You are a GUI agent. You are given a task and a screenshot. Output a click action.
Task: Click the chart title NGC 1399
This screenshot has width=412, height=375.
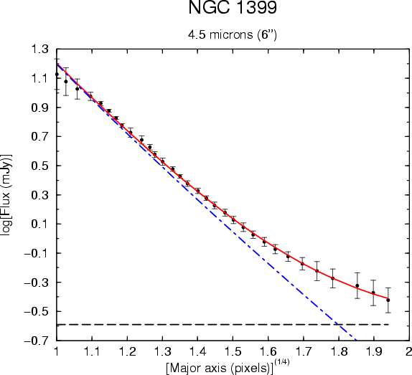point(233,7)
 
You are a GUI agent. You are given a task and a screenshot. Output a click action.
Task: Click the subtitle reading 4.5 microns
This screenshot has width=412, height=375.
point(220,34)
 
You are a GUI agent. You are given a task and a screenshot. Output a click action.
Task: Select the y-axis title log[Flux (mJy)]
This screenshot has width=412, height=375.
point(6,195)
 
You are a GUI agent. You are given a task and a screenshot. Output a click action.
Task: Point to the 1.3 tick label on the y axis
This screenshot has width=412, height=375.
point(40,49)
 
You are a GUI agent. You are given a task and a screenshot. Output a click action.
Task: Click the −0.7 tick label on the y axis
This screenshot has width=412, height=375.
point(37,341)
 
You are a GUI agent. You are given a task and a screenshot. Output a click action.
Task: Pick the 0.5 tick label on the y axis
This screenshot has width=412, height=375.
point(40,166)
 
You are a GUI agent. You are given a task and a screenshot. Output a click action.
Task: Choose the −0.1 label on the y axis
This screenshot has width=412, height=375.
point(37,253)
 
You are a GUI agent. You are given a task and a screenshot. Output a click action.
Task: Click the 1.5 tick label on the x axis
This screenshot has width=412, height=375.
point(233,351)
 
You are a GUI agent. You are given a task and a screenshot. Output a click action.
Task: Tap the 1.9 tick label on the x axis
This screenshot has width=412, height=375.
point(374,351)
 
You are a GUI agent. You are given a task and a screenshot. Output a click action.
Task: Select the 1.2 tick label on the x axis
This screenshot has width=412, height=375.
point(127,351)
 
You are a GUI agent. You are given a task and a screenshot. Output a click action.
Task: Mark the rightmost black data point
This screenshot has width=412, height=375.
point(388,300)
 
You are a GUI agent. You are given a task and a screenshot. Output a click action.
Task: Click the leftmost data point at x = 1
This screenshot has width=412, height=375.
point(57,75)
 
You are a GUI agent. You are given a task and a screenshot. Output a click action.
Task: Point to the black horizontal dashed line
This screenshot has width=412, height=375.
point(223,325)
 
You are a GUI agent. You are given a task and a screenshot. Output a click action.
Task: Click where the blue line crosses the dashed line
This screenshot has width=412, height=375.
point(339,325)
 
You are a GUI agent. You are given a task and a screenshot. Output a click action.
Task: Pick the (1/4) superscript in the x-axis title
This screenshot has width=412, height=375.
point(281,362)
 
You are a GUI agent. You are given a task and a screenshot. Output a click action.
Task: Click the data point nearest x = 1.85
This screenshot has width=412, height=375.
point(357,285)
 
